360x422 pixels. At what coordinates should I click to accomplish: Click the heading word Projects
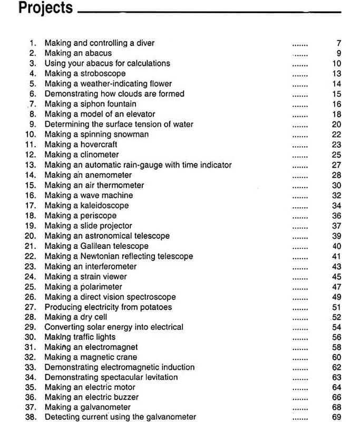point(45,9)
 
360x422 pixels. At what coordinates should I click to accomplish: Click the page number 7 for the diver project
point(339,43)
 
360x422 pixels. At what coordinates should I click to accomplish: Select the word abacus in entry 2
point(99,53)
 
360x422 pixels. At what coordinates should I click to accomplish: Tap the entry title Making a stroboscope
point(85,73)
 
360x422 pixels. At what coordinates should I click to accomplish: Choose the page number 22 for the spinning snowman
point(337,135)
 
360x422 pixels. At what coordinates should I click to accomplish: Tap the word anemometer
point(109,175)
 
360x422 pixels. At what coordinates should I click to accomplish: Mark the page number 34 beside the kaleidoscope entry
point(337,206)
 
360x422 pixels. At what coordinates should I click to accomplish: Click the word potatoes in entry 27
point(155,307)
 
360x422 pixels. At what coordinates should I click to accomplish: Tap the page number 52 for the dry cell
point(337,317)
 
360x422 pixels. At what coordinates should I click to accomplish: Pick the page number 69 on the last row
point(337,417)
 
